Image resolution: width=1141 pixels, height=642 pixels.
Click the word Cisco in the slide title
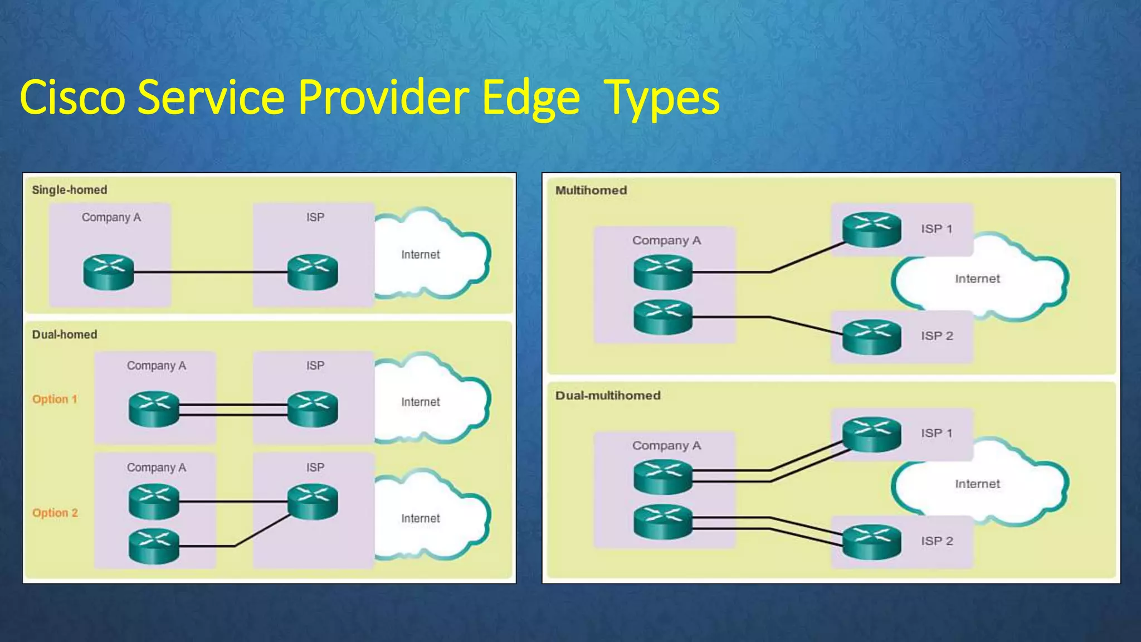tap(72, 98)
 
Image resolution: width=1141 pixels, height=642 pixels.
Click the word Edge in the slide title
tap(531, 98)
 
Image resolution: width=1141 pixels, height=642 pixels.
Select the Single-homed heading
tap(70, 190)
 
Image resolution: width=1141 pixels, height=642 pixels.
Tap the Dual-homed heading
tap(65, 334)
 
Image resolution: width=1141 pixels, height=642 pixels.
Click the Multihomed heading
tap(591, 191)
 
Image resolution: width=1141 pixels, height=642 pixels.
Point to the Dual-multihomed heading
tap(608, 396)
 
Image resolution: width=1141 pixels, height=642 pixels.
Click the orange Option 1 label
tap(55, 399)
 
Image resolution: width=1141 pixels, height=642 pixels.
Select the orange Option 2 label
tap(55, 513)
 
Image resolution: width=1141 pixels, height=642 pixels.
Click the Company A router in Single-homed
tap(109, 272)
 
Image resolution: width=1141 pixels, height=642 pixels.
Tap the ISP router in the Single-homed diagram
tap(313, 272)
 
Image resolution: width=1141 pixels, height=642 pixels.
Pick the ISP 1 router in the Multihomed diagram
tap(871, 229)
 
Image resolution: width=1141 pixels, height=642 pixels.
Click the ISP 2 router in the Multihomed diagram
tap(871, 337)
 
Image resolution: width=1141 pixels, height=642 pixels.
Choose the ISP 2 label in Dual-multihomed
tap(937, 541)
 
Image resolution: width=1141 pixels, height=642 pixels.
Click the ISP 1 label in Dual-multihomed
tap(937, 433)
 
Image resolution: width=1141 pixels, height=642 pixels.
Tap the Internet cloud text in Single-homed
tap(421, 255)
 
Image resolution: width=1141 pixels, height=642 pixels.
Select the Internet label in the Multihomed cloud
tap(977, 279)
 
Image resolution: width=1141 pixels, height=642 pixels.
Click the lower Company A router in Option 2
tap(154, 546)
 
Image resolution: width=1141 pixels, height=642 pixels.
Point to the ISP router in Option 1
tap(313, 409)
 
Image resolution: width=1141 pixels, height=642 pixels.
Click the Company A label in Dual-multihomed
tap(666, 446)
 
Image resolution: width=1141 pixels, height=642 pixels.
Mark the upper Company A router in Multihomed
tap(663, 272)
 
